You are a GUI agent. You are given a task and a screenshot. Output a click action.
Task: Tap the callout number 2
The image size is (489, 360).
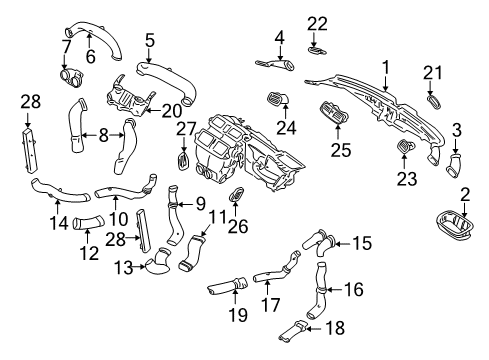point(464,194)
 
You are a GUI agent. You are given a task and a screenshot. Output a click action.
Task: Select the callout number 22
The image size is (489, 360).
point(317,23)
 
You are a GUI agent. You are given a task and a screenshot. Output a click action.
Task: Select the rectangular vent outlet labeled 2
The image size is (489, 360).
point(450,228)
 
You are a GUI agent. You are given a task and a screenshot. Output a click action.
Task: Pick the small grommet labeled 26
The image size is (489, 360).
point(238,194)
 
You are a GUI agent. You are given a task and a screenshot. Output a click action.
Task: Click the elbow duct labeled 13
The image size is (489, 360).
point(157,265)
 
